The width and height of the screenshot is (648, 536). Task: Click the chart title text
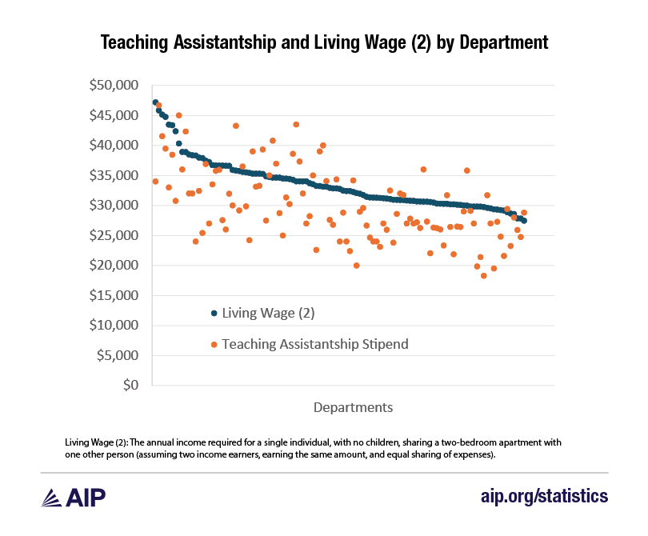pyautogui.click(x=324, y=42)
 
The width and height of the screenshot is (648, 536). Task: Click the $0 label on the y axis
pyautogui.click(x=130, y=386)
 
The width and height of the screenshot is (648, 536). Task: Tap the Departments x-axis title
pyautogui.click(x=353, y=407)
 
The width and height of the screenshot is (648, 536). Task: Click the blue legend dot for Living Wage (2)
pyautogui.click(x=214, y=313)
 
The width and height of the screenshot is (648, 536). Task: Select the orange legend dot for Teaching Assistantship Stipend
pyautogui.click(x=214, y=344)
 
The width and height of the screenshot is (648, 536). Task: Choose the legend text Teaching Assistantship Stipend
pyautogui.click(x=315, y=344)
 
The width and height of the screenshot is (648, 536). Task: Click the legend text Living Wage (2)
pyautogui.click(x=268, y=313)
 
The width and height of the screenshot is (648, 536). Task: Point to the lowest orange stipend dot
pyautogui.click(x=483, y=276)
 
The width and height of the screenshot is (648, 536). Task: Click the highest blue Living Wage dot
pyautogui.click(x=155, y=102)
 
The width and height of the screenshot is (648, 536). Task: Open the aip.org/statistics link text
pyautogui.click(x=544, y=496)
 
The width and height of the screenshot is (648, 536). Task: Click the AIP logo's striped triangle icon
pyautogui.click(x=53, y=496)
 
